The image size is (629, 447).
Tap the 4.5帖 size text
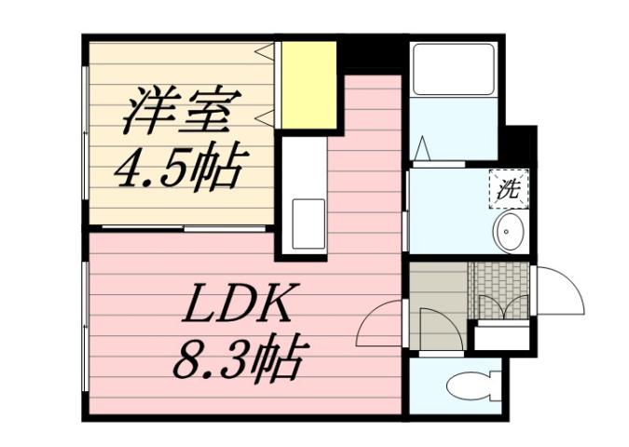[x=177, y=169]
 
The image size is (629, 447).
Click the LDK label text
[x=243, y=304]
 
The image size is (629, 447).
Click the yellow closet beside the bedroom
[x=308, y=87]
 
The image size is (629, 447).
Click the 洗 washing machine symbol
[x=508, y=190]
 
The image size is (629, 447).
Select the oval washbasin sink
[x=510, y=232]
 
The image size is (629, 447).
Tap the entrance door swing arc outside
[x=559, y=291]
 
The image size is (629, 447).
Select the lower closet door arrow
[x=266, y=115]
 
